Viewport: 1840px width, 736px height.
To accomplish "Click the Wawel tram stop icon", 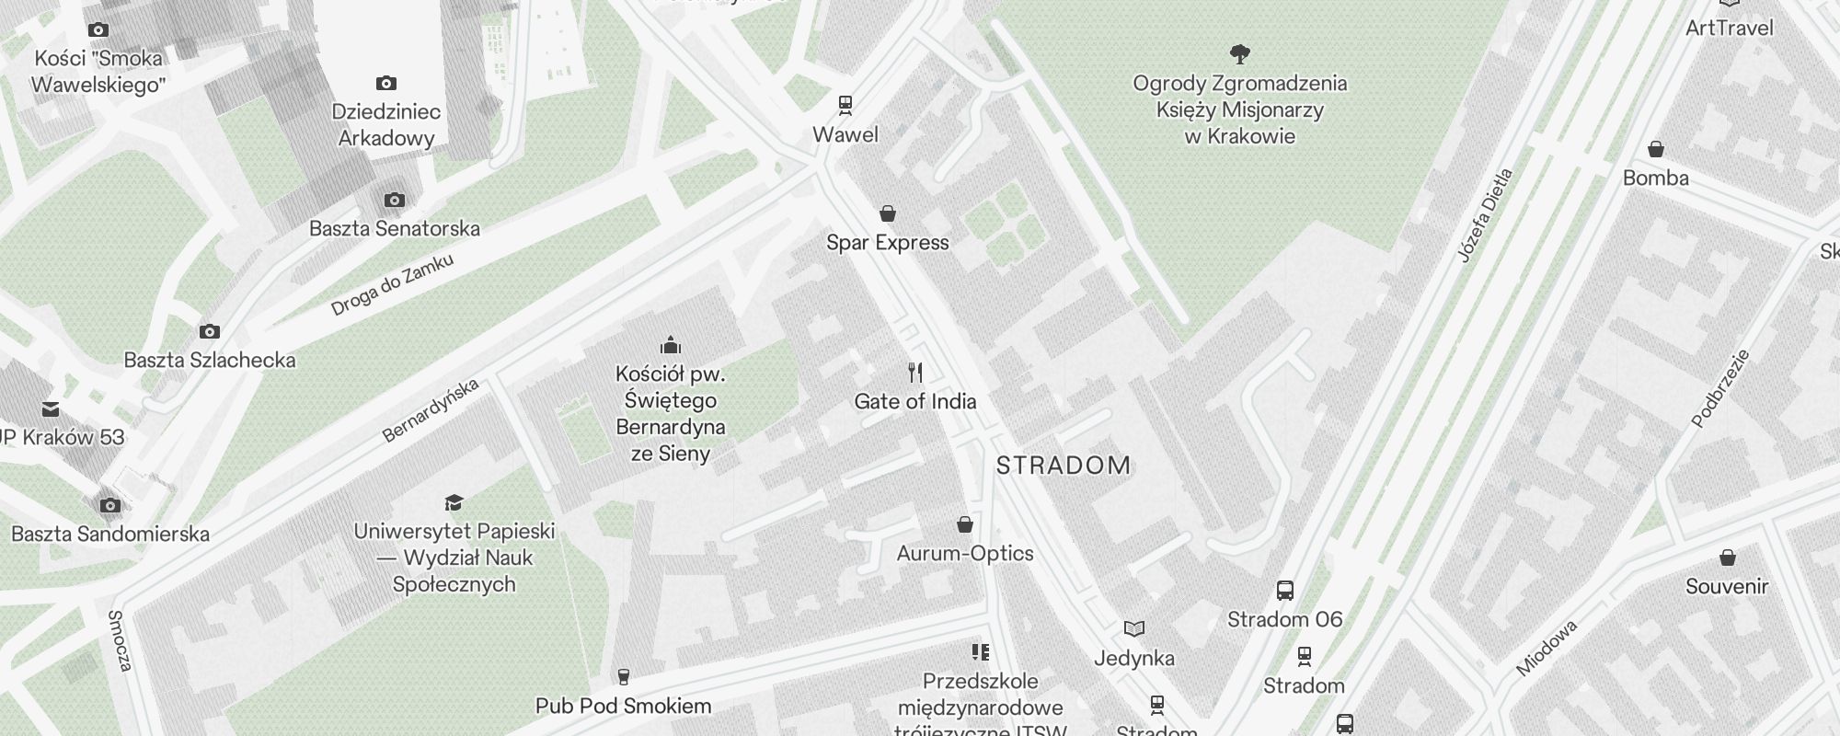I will [845, 105].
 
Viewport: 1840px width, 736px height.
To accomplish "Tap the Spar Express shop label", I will [887, 243].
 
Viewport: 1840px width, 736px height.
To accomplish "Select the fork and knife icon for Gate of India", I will [914, 373].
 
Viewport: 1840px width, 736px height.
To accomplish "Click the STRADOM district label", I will [1064, 466].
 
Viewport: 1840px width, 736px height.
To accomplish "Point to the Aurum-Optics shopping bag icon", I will [964, 524].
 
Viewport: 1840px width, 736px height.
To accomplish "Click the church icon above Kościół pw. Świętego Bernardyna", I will [671, 345].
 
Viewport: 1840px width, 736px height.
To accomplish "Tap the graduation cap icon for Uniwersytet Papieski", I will [454, 502].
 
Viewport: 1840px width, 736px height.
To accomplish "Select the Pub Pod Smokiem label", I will [623, 707].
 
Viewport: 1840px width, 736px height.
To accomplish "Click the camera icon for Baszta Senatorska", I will [394, 200].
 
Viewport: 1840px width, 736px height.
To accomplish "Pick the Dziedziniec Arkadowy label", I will [385, 125].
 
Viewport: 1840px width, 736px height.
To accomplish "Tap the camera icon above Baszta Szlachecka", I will [210, 331].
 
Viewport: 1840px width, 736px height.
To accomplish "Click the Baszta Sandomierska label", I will [110, 535].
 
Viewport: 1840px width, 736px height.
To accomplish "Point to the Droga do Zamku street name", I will [392, 285].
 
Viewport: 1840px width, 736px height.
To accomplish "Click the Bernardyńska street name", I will [431, 410].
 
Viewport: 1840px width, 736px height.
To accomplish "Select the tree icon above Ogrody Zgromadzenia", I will [1239, 54].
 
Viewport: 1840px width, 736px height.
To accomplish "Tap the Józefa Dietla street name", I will [1485, 215].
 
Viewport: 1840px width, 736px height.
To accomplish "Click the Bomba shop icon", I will [1655, 149].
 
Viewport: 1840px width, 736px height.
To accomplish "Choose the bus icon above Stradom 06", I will [1285, 591].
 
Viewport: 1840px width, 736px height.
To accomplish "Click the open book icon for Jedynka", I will [1134, 629].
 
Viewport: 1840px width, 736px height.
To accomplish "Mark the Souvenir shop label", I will [1726, 587].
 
